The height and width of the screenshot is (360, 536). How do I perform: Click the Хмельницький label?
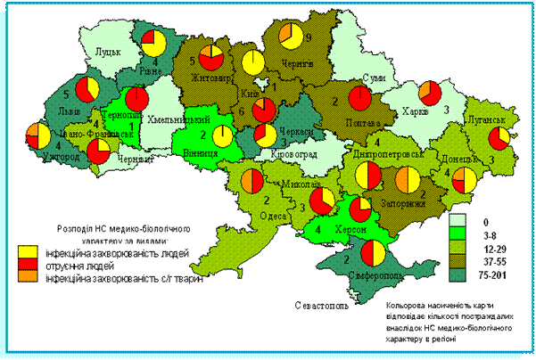click(183, 119)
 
